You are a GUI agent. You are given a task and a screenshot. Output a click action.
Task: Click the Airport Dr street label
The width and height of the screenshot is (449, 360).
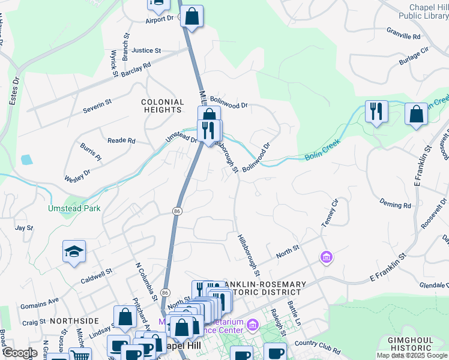158,19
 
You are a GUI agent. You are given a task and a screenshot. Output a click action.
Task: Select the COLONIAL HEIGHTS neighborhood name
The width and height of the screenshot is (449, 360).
162,106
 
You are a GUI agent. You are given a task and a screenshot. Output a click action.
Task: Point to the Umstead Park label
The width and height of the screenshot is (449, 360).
74,208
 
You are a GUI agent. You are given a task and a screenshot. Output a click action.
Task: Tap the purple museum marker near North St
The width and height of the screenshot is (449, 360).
327,257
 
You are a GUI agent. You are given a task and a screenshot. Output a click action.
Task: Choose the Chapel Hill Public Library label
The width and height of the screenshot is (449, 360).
426,11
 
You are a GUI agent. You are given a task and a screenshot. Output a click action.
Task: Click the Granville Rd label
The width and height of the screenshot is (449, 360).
403,36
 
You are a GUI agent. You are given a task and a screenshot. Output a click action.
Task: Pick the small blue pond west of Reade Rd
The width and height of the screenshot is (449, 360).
26,160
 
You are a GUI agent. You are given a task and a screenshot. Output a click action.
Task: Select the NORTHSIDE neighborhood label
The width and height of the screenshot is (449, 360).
74,321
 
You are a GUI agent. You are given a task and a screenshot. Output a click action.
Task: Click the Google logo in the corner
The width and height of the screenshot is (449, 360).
20,353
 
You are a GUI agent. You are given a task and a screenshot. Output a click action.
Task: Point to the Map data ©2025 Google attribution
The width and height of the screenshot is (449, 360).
412,355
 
